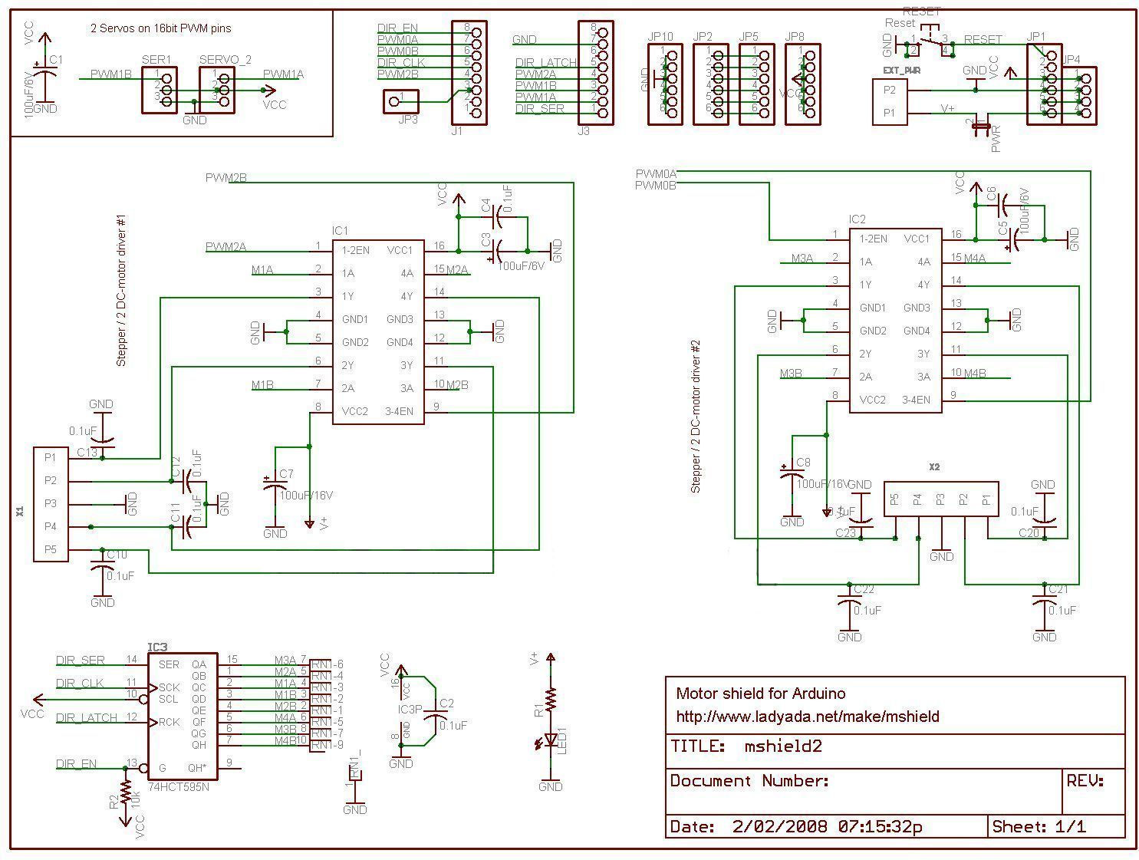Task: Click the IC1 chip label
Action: coord(340,231)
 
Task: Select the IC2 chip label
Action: coord(857,219)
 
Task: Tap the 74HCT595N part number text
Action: coord(178,787)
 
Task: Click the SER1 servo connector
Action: coord(160,91)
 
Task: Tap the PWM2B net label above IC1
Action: coord(225,178)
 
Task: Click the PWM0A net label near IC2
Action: coord(655,173)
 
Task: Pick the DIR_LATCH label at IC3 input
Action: coord(87,718)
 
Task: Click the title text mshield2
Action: coord(782,746)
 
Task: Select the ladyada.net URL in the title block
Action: coord(807,717)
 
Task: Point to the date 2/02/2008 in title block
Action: coord(779,826)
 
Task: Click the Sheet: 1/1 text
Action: coord(1039,826)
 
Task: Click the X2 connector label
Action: coord(933,466)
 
